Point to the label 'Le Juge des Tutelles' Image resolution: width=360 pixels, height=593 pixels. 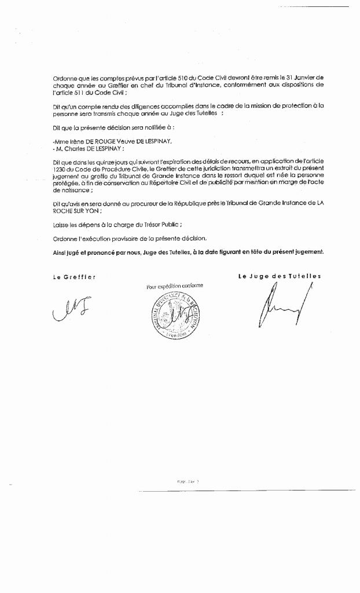click(280, 277)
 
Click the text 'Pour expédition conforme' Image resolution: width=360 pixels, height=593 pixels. click(174, 286)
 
